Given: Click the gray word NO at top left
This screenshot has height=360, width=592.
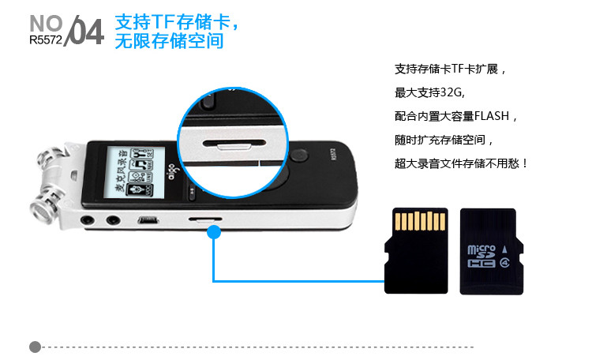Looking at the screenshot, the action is tap(46, 24).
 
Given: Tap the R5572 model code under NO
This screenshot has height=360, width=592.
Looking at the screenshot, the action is tap(46, 40).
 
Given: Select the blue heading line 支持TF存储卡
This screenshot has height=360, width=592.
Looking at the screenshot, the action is tap(176, 22).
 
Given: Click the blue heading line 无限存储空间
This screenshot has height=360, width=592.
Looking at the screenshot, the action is tap(169, 41).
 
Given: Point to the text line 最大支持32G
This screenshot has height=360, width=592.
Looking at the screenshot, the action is tap(429, 92).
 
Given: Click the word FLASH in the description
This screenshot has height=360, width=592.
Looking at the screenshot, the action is tap(492, 116).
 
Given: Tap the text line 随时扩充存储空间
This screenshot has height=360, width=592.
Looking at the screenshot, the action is tap(444, 140).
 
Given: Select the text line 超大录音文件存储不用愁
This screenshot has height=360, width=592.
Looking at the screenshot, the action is tap(461, 163).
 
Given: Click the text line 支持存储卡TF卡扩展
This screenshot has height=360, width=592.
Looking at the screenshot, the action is tap(450, 69).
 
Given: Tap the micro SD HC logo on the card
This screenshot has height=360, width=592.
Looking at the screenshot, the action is tap(481, 256).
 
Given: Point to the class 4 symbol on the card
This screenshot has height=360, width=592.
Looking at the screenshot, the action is tap(505, 262).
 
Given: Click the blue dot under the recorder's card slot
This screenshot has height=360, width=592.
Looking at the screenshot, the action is tap(214, 232).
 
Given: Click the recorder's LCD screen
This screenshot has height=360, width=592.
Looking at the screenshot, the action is tap(135, 172).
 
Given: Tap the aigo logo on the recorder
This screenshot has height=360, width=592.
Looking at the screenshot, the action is tap(172, 172).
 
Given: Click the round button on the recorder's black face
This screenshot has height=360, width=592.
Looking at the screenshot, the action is tap(299, 156).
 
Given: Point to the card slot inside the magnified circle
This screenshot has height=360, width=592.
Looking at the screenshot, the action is tap(234, 144).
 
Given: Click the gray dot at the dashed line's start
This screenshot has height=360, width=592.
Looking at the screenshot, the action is tap(35, 347).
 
